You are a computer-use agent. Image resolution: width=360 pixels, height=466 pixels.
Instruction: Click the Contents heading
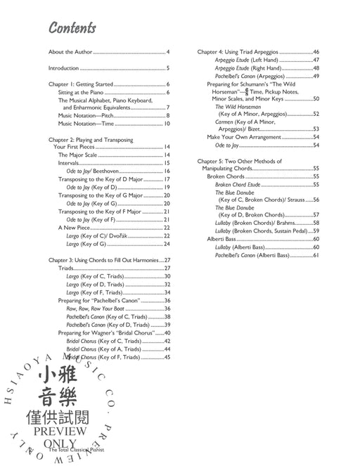tap(72, 29)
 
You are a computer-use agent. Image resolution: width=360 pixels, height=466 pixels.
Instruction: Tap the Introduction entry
tap(63, 68)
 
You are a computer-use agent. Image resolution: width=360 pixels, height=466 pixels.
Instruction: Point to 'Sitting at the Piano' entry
tap(80, 92)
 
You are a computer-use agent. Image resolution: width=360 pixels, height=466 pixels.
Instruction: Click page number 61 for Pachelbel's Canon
tap(316, 255)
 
